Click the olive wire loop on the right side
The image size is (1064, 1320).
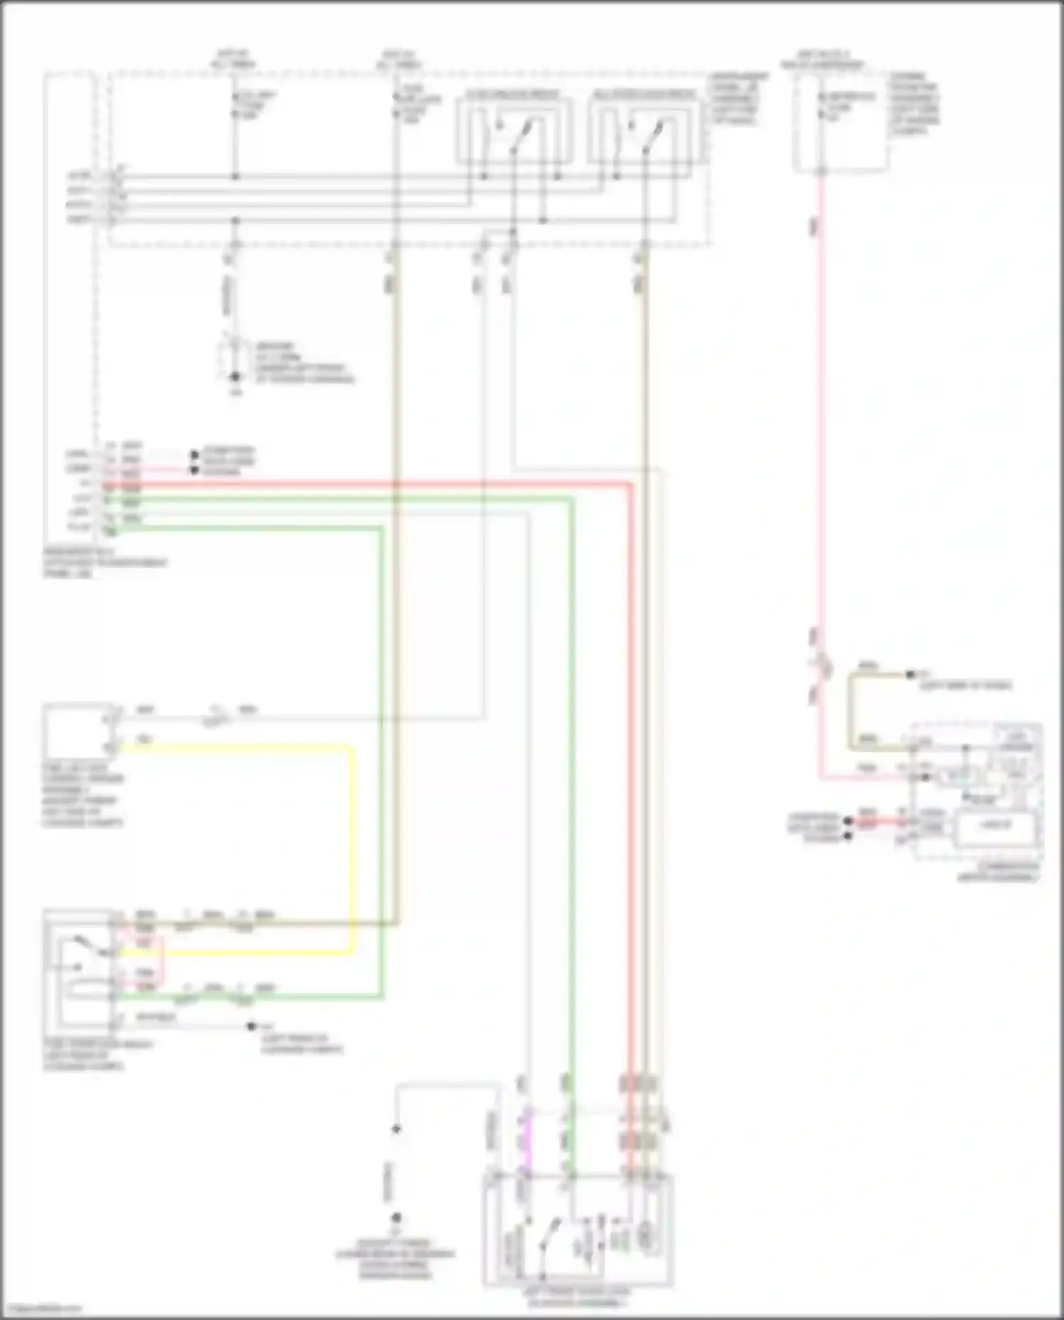point(850,709)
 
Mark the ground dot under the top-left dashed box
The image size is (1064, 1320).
point(235,377)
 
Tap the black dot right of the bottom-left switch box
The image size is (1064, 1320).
point(250,1026)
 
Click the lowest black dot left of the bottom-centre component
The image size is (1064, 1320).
point(397,1218)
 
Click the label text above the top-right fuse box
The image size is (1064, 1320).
point(823,62)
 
